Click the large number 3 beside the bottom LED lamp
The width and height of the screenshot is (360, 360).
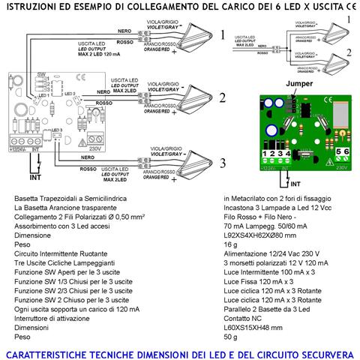(x=221, y=164)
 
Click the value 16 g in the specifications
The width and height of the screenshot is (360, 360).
(x=230, y=244)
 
